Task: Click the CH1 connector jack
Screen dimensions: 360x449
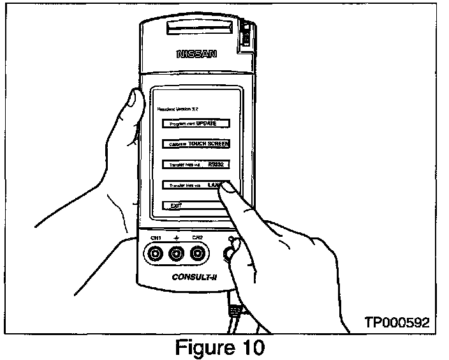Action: click(154, 254)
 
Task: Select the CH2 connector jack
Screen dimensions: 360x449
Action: click(198, 254)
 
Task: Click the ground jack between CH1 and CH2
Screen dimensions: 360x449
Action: click(176, 254)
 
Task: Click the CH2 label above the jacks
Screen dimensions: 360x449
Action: click(198, 238)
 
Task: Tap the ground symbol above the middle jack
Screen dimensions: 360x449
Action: click(176, 237)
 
